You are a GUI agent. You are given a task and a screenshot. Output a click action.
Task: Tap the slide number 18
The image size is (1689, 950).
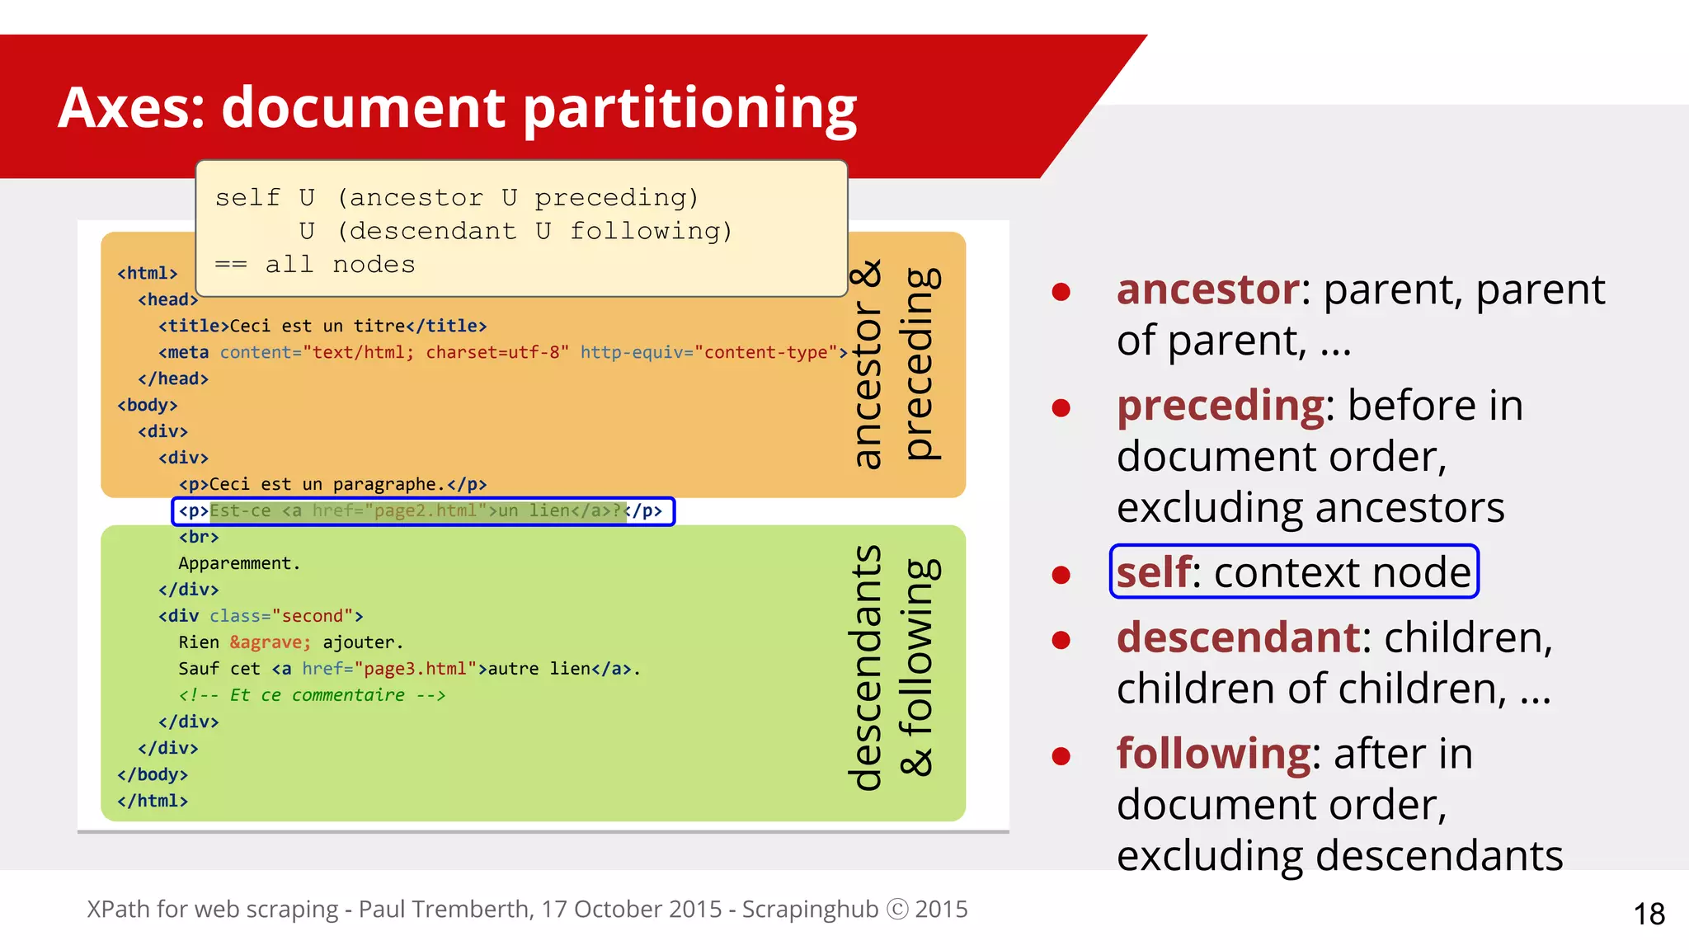pyautogui.click(x=1649, y=914)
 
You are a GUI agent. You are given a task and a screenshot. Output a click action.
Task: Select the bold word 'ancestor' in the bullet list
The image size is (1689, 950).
pyautogui.click(x=1207, y=289)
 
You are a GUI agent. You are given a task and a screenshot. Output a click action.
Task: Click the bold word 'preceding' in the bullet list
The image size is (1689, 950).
pyautogui.click(x=1220, y=406)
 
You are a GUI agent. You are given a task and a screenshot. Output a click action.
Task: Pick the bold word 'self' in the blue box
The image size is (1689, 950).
pyautogui.click(x=1152, y=572)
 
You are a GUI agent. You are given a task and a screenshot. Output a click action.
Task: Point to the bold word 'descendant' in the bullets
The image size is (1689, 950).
pyautogui.click(x=1237, y=637)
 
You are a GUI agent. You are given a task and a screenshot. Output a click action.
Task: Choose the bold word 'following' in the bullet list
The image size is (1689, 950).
pyautogui.click(x=1212, y=754)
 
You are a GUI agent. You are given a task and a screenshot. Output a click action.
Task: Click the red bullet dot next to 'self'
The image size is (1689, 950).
pyautogui.click(x=1061, y=575)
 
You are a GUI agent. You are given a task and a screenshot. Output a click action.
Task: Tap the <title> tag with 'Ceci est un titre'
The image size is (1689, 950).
pyautogui.click(x=322, y=326)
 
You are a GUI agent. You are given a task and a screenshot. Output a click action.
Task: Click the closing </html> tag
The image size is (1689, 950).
pyautogui.click(x=153, y=801)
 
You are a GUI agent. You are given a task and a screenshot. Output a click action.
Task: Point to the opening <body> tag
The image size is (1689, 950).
pyautogui.click(x=148, y=405)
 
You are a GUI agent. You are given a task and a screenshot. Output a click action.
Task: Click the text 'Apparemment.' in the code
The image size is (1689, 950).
pyautogui.click(x=239, y=563)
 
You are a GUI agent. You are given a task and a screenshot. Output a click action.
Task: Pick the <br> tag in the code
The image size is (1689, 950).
pyautogui.click(x=199, y=537)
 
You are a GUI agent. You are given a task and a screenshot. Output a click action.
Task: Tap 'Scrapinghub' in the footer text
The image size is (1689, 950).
pyautogui.click(x=810, y=909)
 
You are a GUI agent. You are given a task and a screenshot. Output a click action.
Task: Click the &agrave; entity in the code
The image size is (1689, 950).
pyautogui.click(x=270, y=642)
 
